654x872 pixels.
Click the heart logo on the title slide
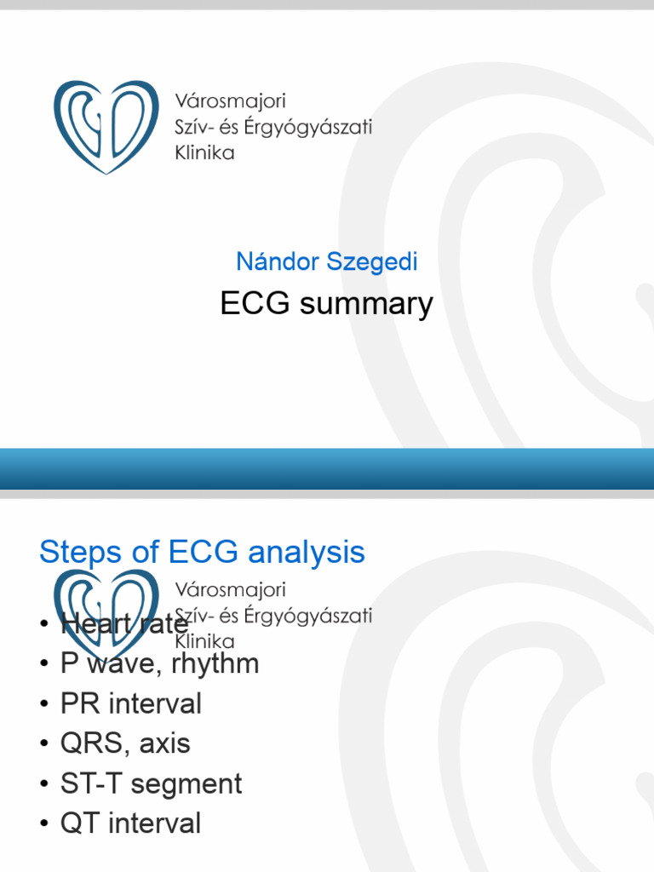click(x=106, y=127)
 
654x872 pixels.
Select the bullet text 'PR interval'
click(x=130, y=703)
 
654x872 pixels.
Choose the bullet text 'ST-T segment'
click(x=151, y=783)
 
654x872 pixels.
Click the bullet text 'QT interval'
click(x=130, y=823)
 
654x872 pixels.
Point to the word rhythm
click(x=215, y=663)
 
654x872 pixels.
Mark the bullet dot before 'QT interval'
click(x=44, y=824)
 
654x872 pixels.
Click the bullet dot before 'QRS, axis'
click(x=44, y=744)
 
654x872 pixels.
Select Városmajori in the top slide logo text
click(x=230, y=102)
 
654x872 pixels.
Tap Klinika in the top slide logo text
click(x=204, y=153)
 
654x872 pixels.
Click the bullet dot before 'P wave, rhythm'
click(x=44, y=664)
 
